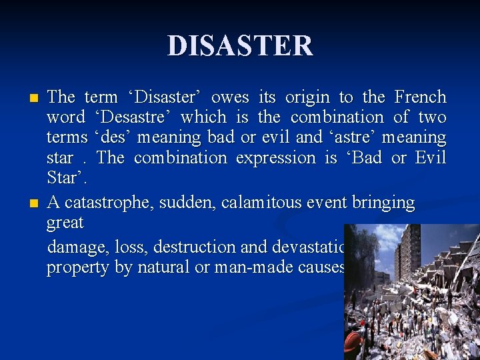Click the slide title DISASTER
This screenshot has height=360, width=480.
(x=240, y=46)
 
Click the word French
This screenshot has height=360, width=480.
(x=420, y=97)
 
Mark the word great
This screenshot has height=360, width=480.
(x=65, y=223)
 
